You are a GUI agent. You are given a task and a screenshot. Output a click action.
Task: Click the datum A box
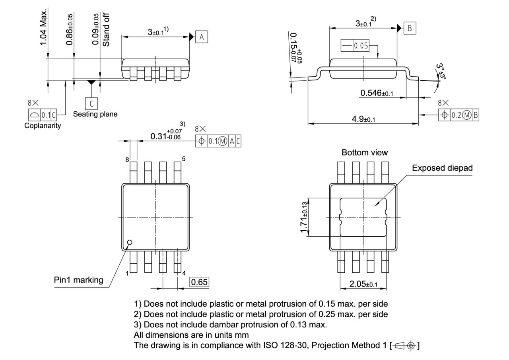coord(202,37)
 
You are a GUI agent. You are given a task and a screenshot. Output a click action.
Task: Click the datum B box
coord(410,28)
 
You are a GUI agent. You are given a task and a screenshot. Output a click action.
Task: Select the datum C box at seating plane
coord(91,103)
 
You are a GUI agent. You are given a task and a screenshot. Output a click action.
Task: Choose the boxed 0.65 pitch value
coord(199,282)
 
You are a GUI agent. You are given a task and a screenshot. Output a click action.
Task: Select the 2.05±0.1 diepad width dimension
coord(363,284)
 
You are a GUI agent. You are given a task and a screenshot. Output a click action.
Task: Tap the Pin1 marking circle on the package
coord(129,242)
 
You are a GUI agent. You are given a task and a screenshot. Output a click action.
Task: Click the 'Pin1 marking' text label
coord(78,280)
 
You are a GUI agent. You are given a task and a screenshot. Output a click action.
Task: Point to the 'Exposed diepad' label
coord(442,168)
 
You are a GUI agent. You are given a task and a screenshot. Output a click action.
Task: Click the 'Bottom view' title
coord(364,152)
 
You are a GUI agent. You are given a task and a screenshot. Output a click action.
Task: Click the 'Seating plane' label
coord(95,114)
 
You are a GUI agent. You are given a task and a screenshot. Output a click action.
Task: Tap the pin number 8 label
coord(127,160)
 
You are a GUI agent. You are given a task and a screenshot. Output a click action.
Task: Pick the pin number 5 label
coord(183,159)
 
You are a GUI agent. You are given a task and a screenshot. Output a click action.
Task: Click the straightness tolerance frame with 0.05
coord(355,46)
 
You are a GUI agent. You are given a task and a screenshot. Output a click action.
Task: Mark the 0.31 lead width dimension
coord(166,135)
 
